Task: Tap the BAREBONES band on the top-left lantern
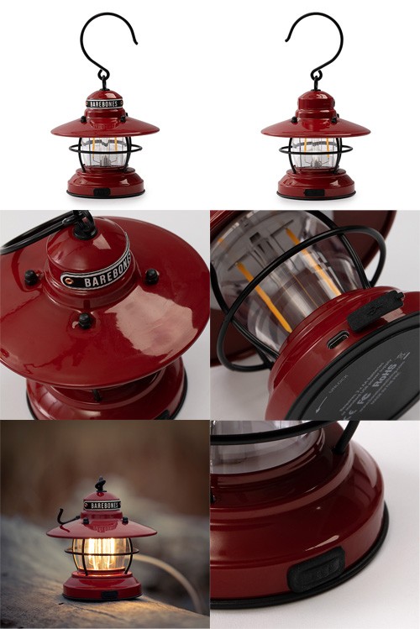[104, 104]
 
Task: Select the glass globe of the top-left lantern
[104, 152]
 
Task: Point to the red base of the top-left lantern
[104, 181]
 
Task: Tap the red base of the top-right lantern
[315, 183]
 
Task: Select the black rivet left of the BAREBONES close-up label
[32, 276]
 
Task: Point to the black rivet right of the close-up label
[151, 275]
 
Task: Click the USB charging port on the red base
[339, 340]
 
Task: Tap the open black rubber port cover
[375, 309]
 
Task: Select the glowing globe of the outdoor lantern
[101, 554]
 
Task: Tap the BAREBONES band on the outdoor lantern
[102, 506]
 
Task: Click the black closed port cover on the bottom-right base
[316, 570]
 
